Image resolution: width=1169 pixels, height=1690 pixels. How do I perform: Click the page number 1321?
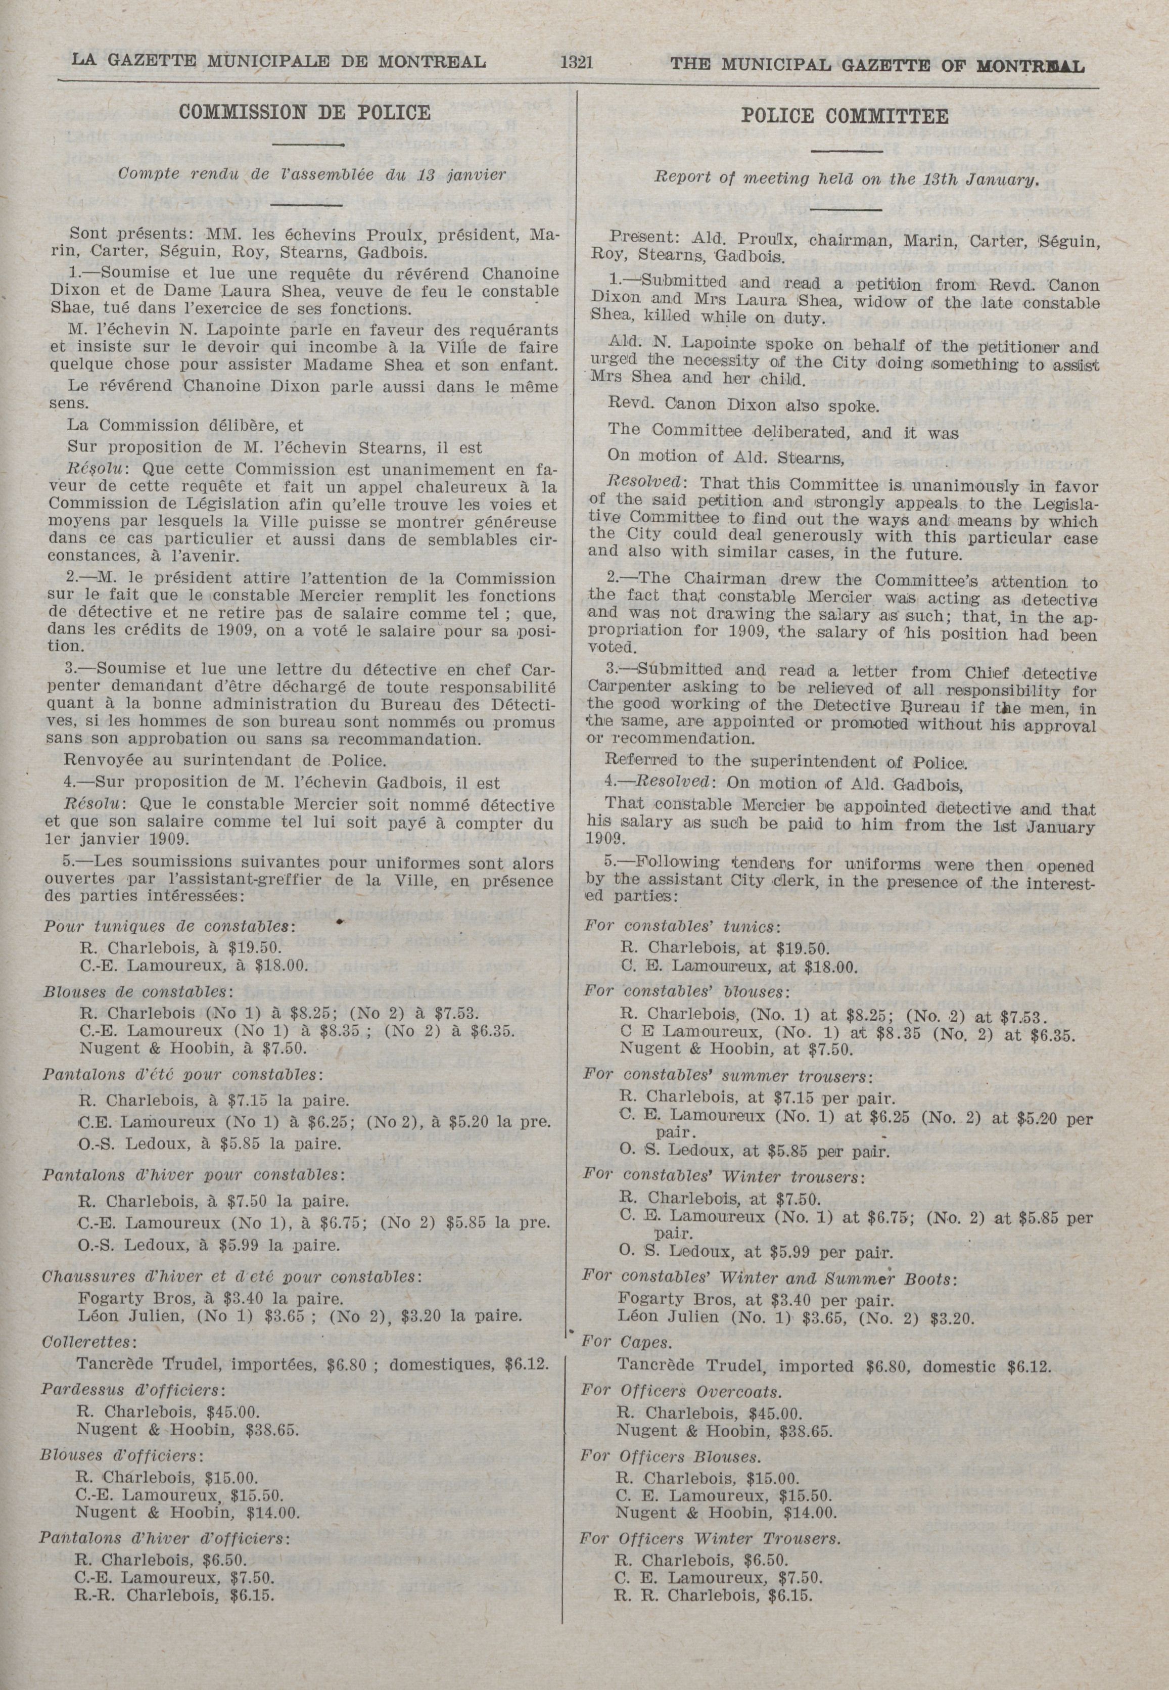tap(576, 63)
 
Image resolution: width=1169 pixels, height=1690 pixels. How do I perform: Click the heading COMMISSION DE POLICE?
tap(305, 112)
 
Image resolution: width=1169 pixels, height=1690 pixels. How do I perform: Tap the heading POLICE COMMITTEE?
tap(844, 116)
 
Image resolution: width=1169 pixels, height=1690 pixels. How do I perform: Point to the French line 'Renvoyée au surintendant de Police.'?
tap(225, 760)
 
